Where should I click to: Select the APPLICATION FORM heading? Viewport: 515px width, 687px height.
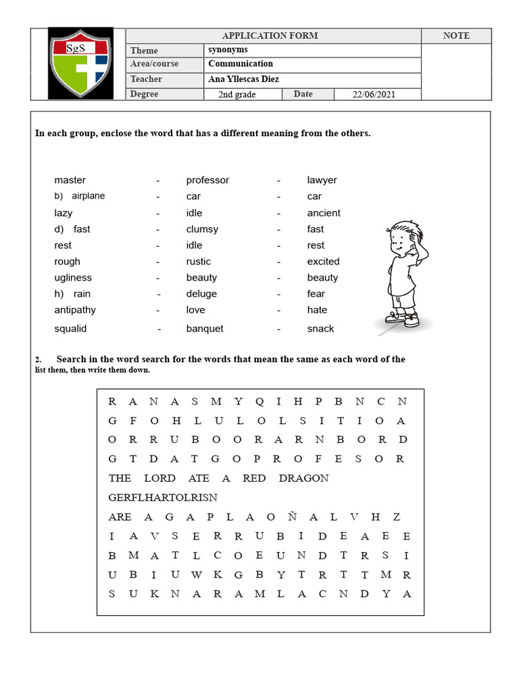point(270,36)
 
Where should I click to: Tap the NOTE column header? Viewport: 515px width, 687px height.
point(456,36)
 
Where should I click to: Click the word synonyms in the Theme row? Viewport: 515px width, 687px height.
point(228,50)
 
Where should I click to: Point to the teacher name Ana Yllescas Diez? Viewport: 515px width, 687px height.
point(243,79)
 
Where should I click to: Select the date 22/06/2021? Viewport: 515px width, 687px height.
point(374,95)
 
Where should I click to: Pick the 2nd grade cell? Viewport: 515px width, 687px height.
point(237,95)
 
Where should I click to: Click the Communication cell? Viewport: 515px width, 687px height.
point(241,64)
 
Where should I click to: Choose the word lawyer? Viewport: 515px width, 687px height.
point(322,180)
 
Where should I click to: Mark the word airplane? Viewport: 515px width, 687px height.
point(89,196)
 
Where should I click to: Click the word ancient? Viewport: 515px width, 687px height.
point(324,213)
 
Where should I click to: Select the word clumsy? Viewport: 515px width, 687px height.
point(202,229)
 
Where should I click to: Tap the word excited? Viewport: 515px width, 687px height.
point(323,261)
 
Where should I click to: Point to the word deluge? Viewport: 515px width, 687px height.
point(201,293)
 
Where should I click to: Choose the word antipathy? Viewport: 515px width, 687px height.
point(75,309)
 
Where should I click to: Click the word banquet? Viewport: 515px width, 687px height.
point(205,328)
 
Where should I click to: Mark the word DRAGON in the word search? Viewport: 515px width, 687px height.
point(304,478)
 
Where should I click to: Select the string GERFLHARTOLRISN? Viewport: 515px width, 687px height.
point(162,497)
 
